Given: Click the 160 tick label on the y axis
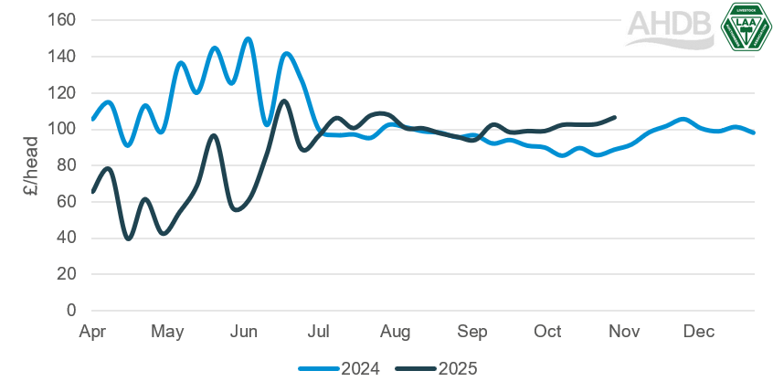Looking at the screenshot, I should (64, 20).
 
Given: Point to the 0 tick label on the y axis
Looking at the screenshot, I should (70, 311).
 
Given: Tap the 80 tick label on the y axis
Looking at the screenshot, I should (67, 165).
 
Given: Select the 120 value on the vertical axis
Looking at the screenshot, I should (64, 92).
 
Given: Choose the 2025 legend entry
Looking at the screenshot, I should (437, 368).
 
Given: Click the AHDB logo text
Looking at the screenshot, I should (669, 28).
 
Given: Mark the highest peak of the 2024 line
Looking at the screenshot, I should (248, 38).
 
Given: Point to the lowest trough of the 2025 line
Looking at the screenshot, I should (129, 238).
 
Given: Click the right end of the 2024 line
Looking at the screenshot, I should (754, 132).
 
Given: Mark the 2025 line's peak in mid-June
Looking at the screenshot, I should (284, 101).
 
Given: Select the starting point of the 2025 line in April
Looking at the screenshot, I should (93, 191).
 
